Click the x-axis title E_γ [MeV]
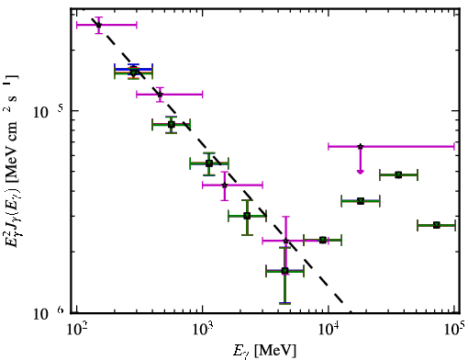(264, 351)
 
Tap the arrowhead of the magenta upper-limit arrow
(361, 172)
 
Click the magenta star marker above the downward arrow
(361, 146)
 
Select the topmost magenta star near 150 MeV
(98, 25)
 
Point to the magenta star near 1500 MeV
(225, 185)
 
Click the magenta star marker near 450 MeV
(160, 95)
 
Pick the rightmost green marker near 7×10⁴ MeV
(437, 225)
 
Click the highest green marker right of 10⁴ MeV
(398, 174)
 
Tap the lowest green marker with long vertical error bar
(284, 271)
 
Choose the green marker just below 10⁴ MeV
(323, 240)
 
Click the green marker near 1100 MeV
(209, 163)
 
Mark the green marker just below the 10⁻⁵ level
(172, 124)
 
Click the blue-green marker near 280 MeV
(133, 73)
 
